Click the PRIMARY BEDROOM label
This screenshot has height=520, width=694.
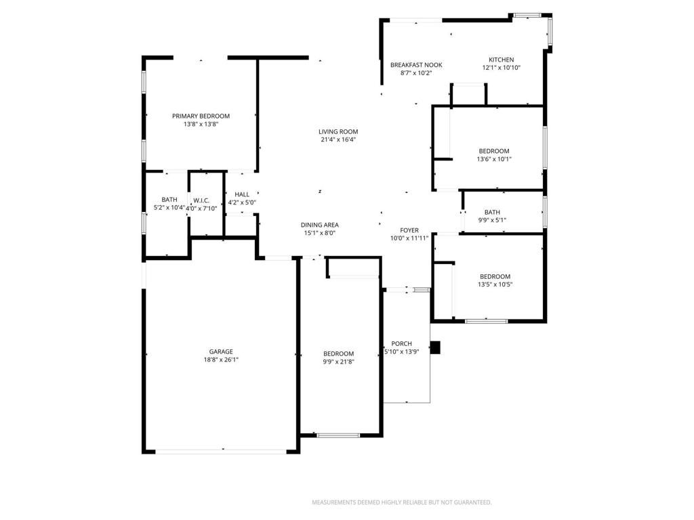(x=201, y=116)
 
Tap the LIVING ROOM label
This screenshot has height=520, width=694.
(x=338, y=131)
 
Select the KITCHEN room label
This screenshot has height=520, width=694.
(x=502, y=60)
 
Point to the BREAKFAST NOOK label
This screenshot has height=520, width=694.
(x=416, y=65)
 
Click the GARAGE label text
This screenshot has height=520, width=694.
(x=221, y=351)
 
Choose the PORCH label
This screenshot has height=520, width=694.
(x=401, y=344)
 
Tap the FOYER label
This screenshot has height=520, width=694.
(x=409, y=230)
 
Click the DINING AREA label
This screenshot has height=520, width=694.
(x=320, y=225)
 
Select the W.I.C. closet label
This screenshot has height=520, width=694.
(x=201, y=200)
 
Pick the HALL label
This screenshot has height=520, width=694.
(x=242, y=194)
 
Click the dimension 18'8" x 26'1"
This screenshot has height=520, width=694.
(x=221, y=360)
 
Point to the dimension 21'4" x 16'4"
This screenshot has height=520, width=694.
(x=338, y=139)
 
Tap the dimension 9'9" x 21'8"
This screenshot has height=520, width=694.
(x=338, y=362)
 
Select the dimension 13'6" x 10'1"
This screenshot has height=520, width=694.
(x=495, y=159)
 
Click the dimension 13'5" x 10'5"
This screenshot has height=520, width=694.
(x=495, y=284)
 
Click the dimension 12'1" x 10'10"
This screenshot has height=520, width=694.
(x=502, y=68)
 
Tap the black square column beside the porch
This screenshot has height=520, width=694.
(x=436, y=347)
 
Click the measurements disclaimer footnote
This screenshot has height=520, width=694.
(x=401, y=502)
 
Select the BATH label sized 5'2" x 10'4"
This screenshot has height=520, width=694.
(x=169, y=200)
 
